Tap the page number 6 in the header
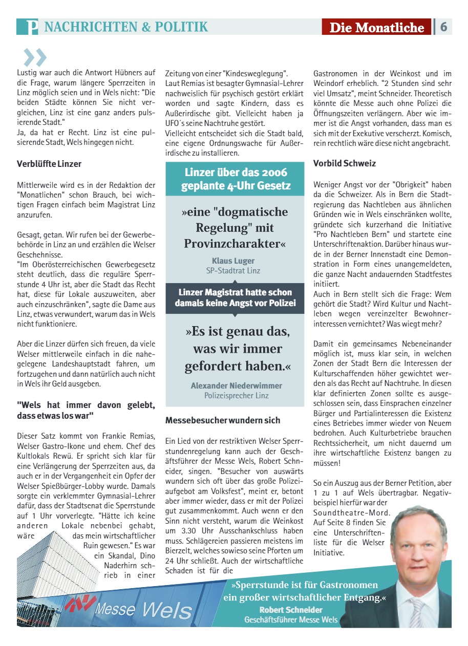(443, 27)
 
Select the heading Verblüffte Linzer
(49, 164)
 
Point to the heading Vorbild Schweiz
(345, 164)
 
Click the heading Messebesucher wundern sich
(223, 420)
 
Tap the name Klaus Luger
(233, 261)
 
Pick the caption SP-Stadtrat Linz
(233, 271)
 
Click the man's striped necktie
(416, 612)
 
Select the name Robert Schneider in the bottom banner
(291, 610)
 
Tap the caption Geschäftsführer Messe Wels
(291, 619)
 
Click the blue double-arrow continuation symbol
(35, 58)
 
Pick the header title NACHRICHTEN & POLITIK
(126, 27)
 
